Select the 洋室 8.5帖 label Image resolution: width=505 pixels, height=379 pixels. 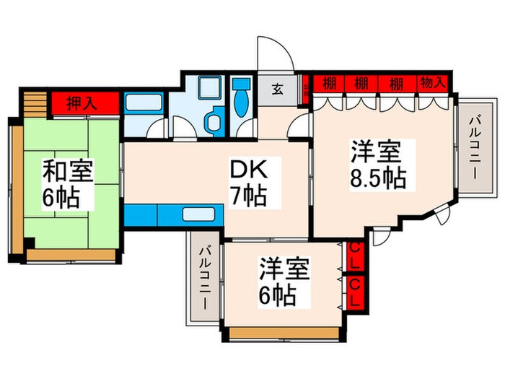point(377,165)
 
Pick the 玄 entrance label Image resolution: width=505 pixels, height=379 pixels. point(278,90)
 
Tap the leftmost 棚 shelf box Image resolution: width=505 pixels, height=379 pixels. point(329,84)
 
